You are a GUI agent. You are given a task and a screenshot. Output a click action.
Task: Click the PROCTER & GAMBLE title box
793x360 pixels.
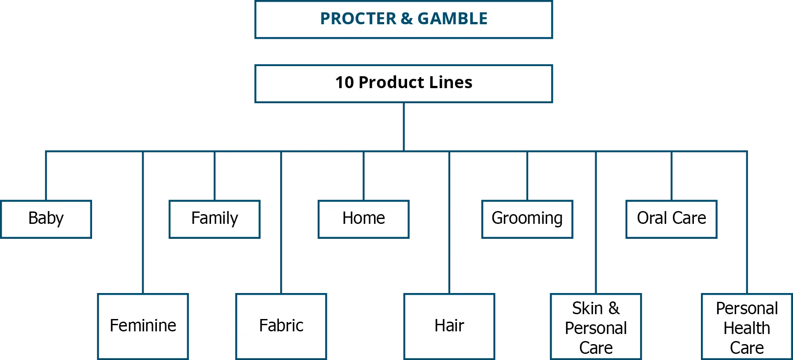(403, 20)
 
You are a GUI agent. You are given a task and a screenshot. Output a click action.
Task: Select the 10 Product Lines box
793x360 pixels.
(403, 84)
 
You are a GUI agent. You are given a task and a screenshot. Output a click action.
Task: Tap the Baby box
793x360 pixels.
(47, 219)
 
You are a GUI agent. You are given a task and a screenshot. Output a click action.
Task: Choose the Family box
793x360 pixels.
(214, 219)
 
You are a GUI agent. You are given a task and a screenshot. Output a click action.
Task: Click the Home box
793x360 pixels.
(364, 219)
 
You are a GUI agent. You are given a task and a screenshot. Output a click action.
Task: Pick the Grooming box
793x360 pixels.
(527, 219)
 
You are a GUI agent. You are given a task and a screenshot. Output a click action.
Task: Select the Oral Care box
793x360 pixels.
(671, 219)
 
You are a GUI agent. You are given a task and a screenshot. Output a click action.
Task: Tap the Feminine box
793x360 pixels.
(143, 326)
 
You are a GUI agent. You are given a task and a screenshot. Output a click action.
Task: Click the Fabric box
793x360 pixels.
(281, 326)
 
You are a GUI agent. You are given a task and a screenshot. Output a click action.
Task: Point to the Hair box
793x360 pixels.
(449, 326)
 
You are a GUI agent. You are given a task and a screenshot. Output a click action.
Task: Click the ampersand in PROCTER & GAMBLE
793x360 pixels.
(407, 19)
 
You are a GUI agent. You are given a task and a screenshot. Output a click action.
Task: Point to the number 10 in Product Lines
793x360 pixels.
(345, 82)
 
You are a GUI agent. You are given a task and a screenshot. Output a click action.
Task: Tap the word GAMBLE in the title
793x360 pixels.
(452, 19)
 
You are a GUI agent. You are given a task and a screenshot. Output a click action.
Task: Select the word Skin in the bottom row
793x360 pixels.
(587, 308)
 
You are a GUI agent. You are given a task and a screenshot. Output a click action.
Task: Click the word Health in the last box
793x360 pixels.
(747, 328)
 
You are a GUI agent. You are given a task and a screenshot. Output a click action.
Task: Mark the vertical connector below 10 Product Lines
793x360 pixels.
(403, 127)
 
